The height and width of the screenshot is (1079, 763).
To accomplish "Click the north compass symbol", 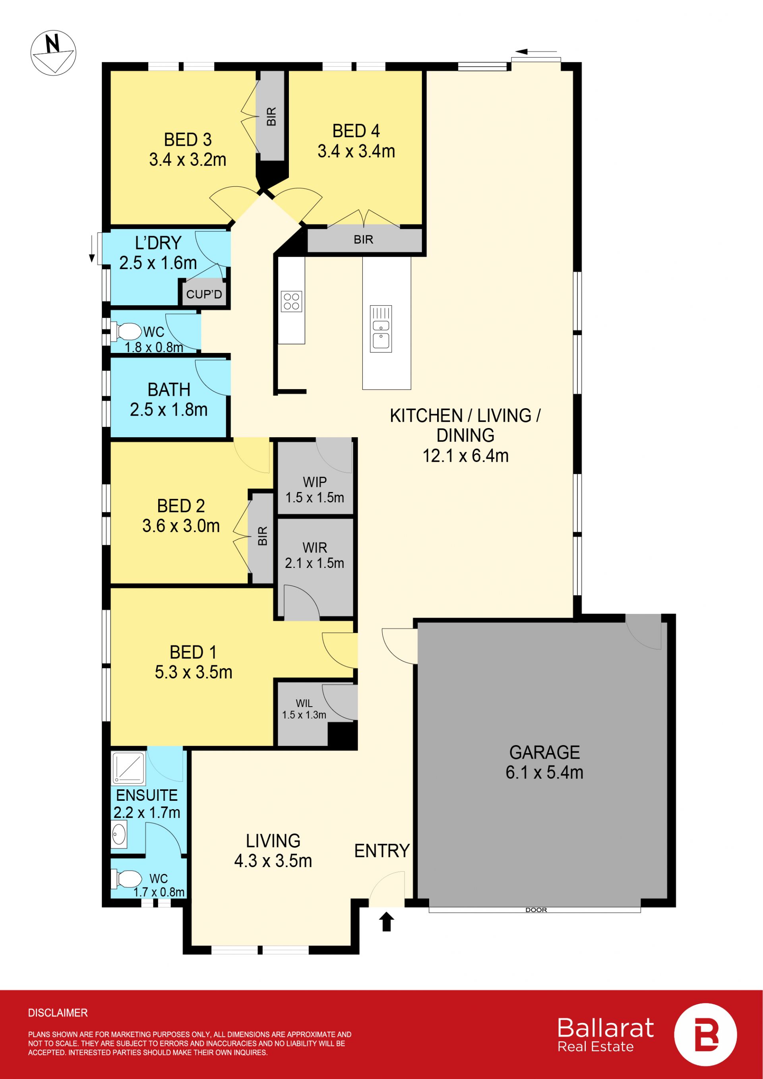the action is (x=53, y=52).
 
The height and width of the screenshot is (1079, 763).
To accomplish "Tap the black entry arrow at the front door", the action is (x=386, y=922).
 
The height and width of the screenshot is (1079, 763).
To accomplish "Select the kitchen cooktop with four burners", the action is (x=291, y=301).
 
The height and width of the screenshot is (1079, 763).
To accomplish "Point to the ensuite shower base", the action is (x=128, y=768).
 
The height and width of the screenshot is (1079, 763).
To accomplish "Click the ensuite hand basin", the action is (x=119, y=835).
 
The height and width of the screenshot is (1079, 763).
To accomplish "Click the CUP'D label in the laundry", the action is (x=204, y=294).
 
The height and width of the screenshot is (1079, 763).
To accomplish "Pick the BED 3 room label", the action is (x=188, y=139).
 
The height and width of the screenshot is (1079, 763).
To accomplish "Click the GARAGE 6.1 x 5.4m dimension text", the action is (x=544, y=772).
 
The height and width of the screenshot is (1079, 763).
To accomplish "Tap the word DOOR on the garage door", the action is (x=536, y=910).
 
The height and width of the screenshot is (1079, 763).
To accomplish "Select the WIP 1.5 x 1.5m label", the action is (x=315, y=490).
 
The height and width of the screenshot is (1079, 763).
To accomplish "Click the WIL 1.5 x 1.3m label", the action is (x=304, y=709).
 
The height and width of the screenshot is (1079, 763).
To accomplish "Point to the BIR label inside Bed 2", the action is (x=263, y=536).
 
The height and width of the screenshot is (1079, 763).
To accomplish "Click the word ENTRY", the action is (x=382, y=850).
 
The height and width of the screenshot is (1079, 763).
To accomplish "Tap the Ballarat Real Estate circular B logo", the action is (x=705, y=1034).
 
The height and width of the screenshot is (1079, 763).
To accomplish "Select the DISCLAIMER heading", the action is (x=58, y=1013).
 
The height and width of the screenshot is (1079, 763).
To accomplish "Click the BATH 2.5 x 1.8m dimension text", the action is (x=168, y=409).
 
